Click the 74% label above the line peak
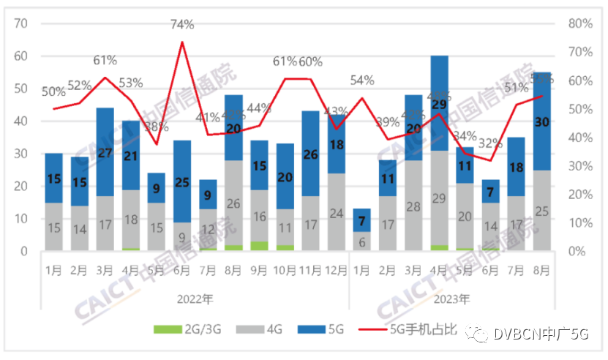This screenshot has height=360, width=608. tap(182, 25)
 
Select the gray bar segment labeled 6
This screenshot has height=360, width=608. tap(361, 241)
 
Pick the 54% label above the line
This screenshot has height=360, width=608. tap(361, 80)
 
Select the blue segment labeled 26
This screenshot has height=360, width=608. tap(309, 154)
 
